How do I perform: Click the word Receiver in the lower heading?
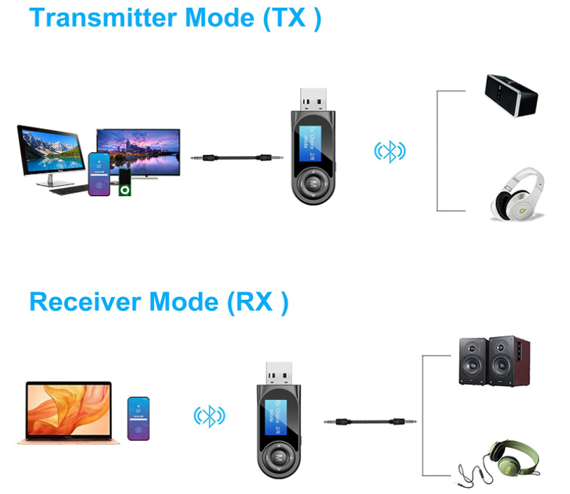83,302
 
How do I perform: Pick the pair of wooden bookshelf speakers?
494,361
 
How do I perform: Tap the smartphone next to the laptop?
138,418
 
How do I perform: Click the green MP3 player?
125,182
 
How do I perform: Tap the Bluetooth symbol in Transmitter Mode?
390,151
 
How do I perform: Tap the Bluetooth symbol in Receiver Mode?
209,416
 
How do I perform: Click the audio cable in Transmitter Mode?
237,159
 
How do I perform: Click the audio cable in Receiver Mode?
371,422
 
